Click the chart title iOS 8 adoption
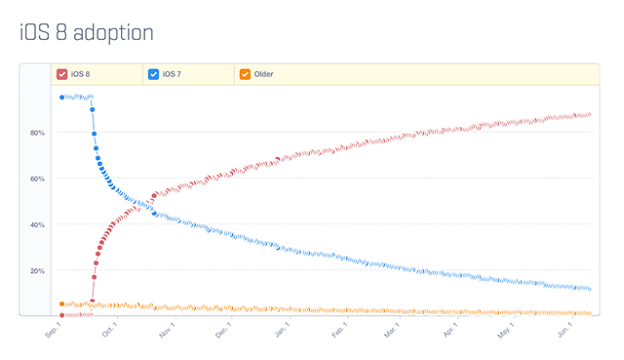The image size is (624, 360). coord(87,32)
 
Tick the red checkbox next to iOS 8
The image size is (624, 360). coord(62,74)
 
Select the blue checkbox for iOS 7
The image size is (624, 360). coord(153,74)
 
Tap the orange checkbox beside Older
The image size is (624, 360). coord(245,74)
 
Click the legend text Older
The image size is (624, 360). coord(263,74)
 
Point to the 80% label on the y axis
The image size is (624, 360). coord(38,133)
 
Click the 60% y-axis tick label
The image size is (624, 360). coord(38,179)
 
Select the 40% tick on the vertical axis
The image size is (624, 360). coord(38,224)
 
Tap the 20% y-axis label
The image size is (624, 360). coord(38,270)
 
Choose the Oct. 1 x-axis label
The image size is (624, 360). coord(108,332)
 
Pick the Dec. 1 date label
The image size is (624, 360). coord(222,332)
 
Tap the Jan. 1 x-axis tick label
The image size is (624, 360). coord(281,332)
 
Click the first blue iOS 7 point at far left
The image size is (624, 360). coord(62,98)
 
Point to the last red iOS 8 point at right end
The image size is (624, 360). coord(589,114)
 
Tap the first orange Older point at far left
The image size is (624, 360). coord(62,304)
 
